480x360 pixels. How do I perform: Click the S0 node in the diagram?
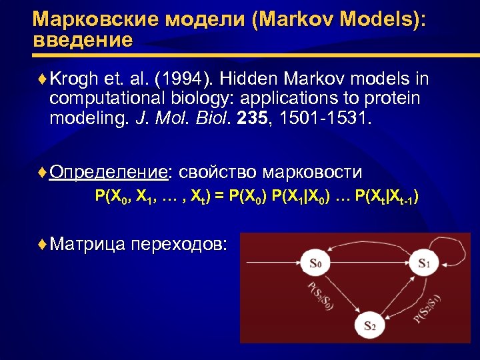315,263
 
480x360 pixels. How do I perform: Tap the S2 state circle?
369,325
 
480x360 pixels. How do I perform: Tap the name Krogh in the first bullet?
73,80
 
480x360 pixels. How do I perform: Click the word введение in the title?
83,39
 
